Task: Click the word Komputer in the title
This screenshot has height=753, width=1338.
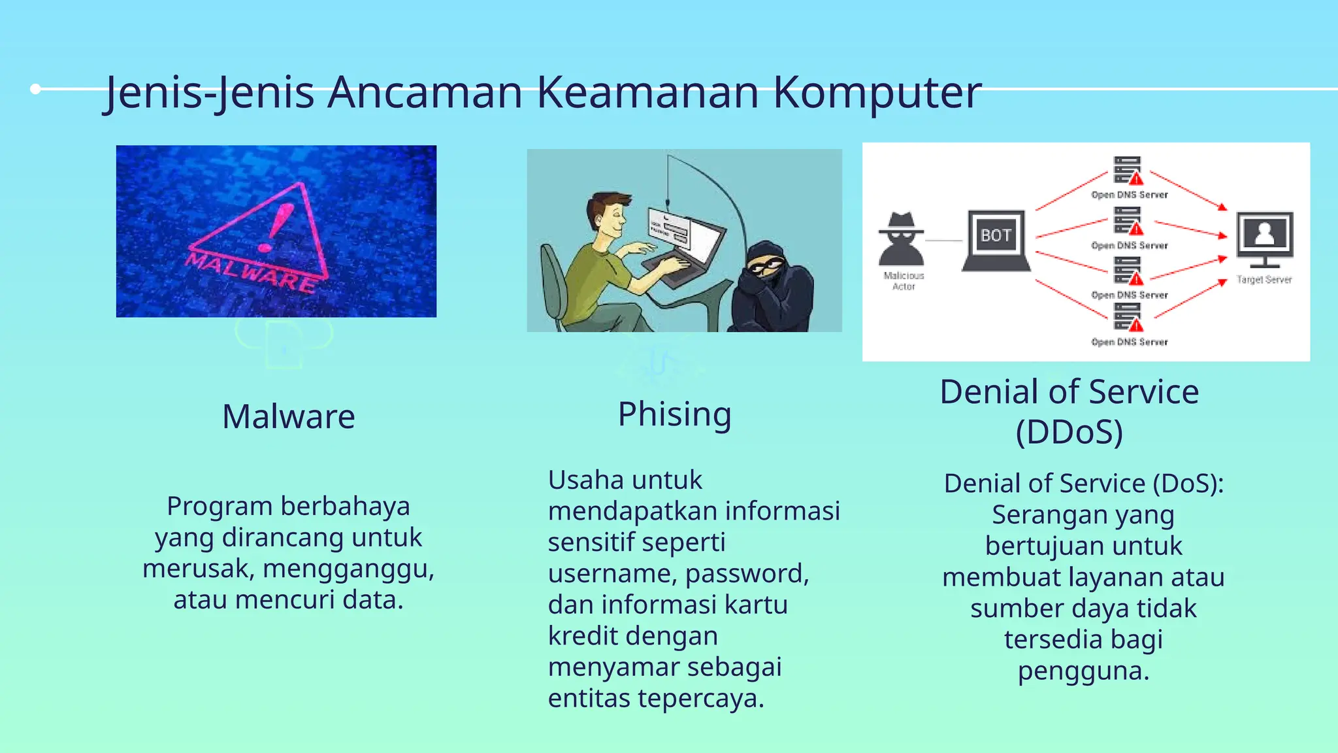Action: [877, 93]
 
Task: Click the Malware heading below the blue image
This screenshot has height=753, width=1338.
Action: [288, 417]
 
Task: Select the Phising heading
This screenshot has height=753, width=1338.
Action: [674, 414]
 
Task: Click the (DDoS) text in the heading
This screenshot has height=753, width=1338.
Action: [1069, 432]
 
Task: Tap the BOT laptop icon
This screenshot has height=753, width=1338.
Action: [996, 239]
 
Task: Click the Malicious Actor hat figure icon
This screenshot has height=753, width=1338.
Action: [902, 238]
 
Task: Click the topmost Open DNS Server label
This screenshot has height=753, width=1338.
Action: [1129, 195]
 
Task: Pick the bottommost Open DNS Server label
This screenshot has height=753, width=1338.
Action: [1129, 342]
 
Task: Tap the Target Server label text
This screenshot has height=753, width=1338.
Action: [1264, 280]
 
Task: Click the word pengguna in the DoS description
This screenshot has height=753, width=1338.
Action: [1083, 671]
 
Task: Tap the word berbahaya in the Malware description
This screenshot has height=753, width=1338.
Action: [345, 507]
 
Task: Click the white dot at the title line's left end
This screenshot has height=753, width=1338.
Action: [36, 89]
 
